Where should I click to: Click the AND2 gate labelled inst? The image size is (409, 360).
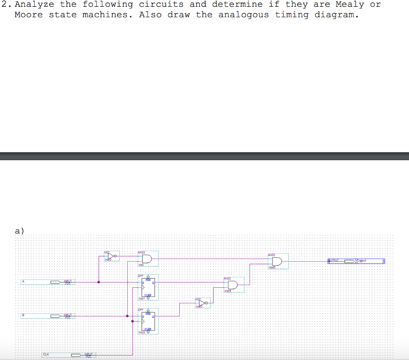pos(146,259)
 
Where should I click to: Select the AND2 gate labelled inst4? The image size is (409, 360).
pos(232,285)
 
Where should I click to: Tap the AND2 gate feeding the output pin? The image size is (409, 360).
pos(276,261)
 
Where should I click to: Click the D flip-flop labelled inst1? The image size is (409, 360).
pos(148,287)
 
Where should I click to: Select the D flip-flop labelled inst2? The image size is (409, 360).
pos(148,321)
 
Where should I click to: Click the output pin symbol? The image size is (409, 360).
pos(350,261)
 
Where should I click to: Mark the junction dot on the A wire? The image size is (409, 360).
pos(99,282)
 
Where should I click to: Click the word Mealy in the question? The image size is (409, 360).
pos(349,4)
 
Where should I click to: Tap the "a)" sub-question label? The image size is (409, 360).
pos(19,231)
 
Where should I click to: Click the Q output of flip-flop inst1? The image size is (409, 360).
pos(153,282)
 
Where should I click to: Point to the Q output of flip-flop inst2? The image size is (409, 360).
pos(153,316)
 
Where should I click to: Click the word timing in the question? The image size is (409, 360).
pos(292,15)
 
